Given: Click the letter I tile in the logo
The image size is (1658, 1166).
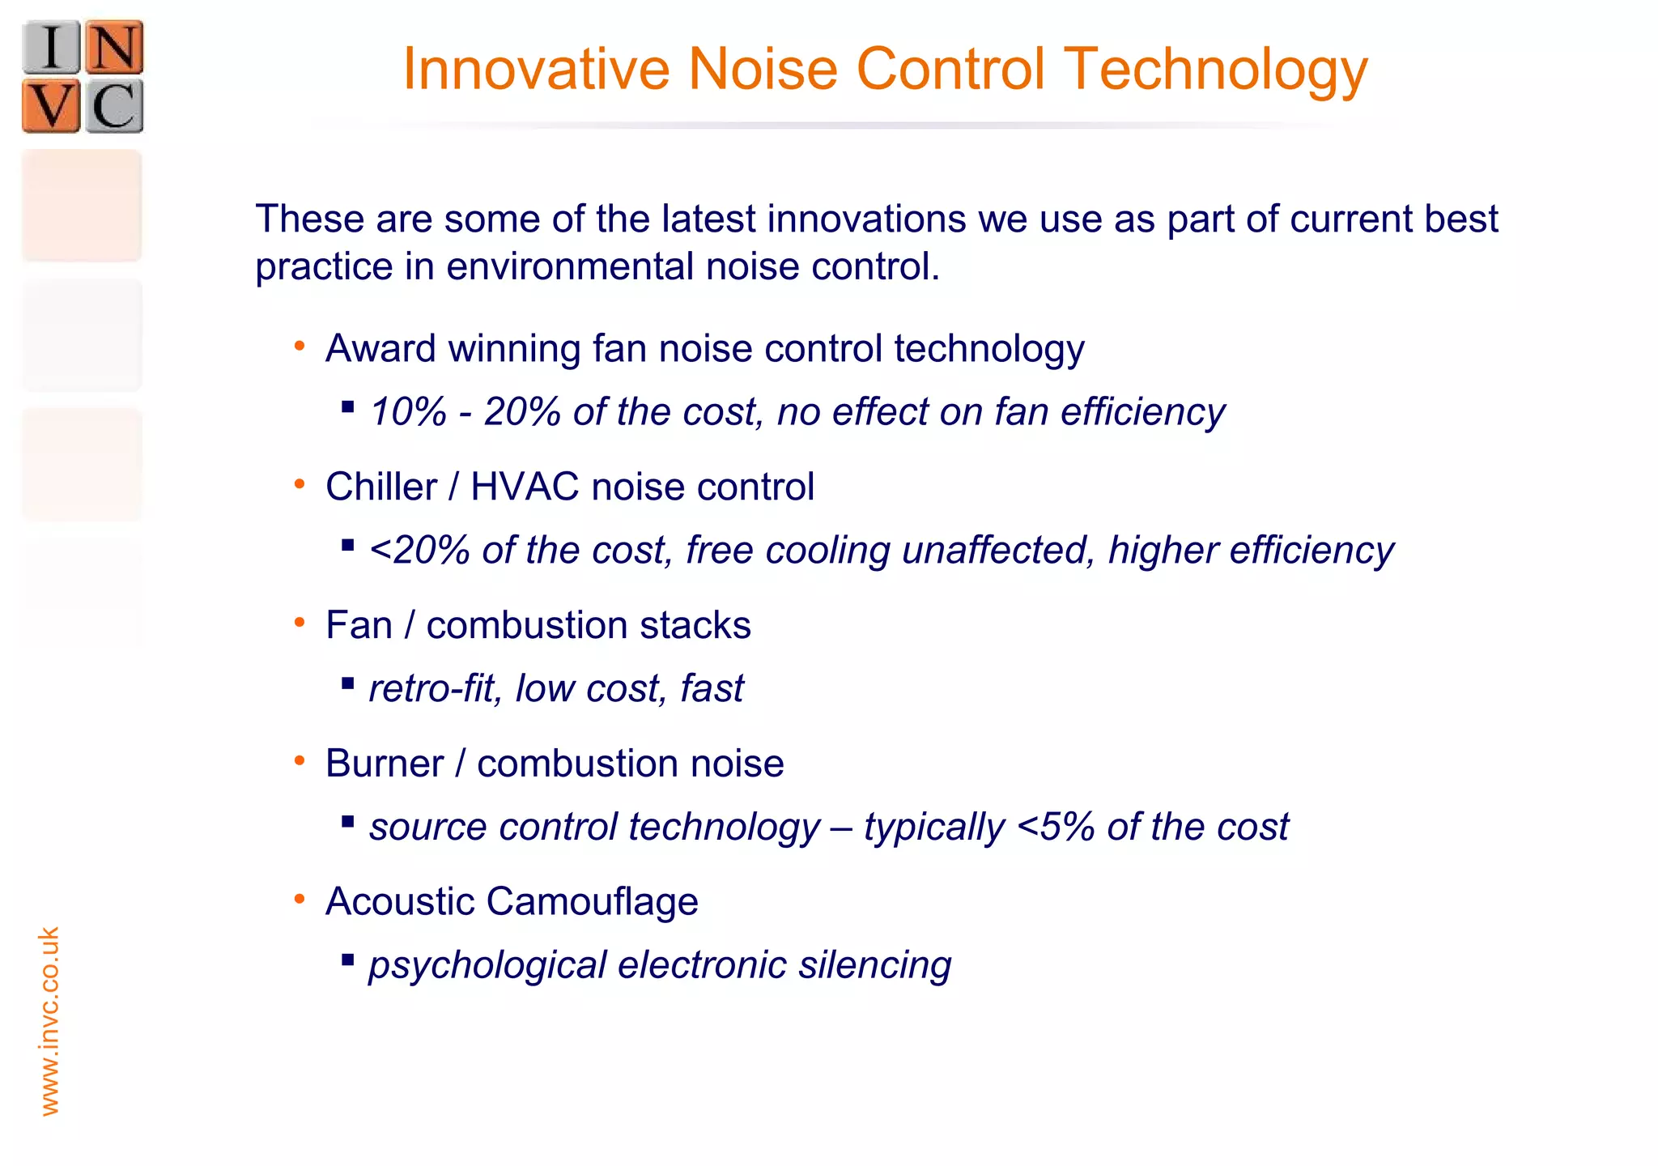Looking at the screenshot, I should [52, 47].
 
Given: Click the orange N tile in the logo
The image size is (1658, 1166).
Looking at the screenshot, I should [114, 47].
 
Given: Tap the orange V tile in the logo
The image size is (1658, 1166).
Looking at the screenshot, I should [52, 106].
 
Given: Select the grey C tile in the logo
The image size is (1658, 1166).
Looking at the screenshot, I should [114, 106].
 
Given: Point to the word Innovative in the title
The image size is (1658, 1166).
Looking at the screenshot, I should [536, 69].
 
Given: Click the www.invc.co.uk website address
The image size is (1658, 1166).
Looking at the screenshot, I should [49, 1021].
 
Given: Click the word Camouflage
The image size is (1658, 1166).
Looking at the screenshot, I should [593, 902].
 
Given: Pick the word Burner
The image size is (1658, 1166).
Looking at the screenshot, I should [385, 764].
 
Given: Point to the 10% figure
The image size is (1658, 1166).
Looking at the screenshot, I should [408, 412].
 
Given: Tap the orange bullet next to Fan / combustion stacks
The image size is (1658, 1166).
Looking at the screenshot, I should [300, 623].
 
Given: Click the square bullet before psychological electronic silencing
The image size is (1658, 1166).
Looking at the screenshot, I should [348, 960].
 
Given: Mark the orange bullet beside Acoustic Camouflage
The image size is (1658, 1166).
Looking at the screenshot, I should [300, 899].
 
